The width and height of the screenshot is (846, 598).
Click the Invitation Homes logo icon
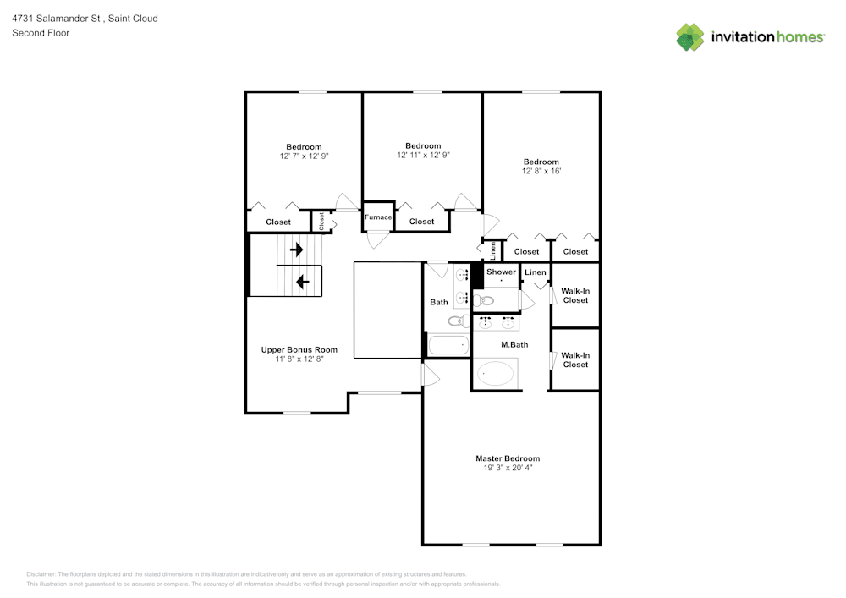pyautogui.click(x=689, y=37)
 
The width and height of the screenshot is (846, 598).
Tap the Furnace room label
pyautogui.click(x=378, y=217)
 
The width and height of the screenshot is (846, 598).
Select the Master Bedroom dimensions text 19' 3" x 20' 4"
pyautogui.click(x=508, y=467)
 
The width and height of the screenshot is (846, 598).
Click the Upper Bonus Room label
pyautogui.click(x=299, y=349)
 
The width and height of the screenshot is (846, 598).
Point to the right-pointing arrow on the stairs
pyautogui.click(x=297, y=250)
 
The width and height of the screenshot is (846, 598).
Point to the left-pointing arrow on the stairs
pyautogui.click(x=302, y=281)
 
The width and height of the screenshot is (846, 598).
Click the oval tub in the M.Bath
pyautogui.click(x=496, y=373)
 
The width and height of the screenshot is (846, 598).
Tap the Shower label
pyautogui.click(x=501, y=272)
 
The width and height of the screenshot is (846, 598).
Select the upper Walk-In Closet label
pyautogui.click(x=575, y=295)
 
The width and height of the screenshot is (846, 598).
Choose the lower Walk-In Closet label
pyautogui.click(x=575, y=359)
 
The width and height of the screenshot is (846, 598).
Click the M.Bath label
pyautogui.click(x=514, y=344)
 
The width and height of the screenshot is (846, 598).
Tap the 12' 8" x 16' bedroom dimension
pyautogui.click(x=541, y=171)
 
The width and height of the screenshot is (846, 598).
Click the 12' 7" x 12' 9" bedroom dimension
pyautogui.click(x=304, y=156)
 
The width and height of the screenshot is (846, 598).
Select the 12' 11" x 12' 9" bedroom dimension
pyautogui.click(x=423, y=155)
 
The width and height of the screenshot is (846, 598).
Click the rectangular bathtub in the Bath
pyautogui.click(x=448, y=345)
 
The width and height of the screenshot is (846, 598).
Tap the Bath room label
pyautogui.click(x=439, y=302)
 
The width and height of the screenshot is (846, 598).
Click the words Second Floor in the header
pyautogui.click(x=41, y=33)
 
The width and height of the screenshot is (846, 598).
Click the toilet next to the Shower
pyautogui.click(x=485, y=299)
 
